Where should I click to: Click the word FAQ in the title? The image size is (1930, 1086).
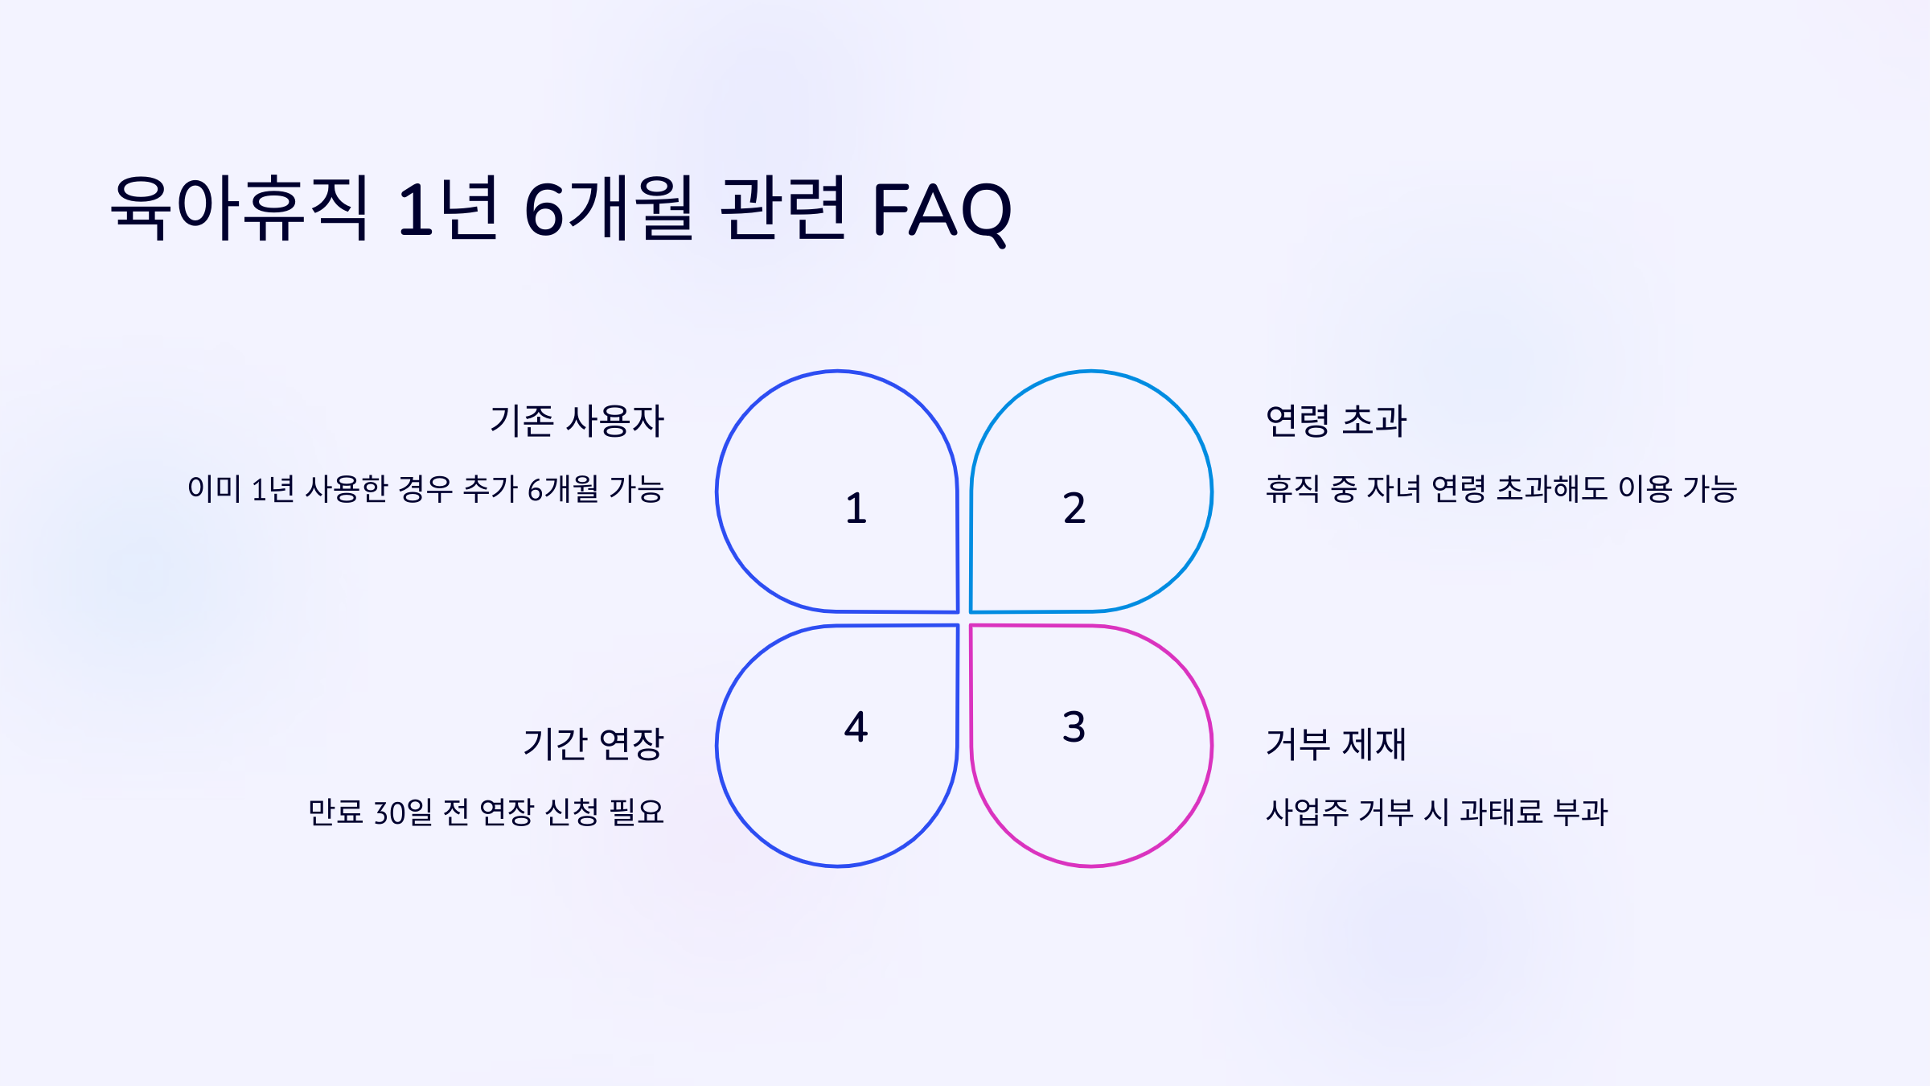942,211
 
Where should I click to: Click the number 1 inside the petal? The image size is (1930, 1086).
856,508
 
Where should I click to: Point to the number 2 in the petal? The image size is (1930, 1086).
1074,508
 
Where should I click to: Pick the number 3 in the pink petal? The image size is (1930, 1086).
1074,727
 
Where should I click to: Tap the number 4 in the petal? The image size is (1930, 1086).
856,727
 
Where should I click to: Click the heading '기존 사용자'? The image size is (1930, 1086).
577,421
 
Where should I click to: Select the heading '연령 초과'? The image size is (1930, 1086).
1336,421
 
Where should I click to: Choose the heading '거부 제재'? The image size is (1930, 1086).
1336,744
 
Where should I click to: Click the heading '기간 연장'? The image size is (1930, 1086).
593,744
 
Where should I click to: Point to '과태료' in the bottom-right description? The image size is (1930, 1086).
1501,812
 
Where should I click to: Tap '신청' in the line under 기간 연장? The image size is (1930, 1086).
571,812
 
